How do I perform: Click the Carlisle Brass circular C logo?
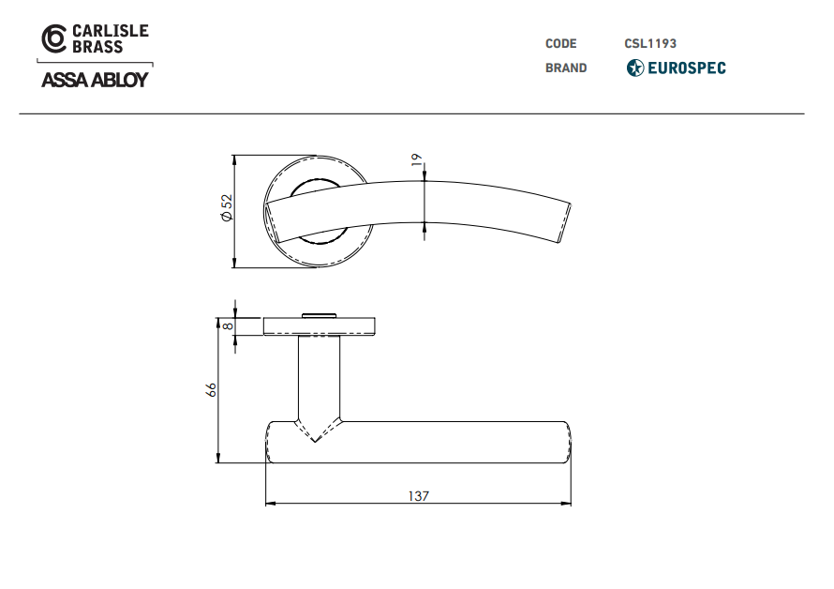pyautogui.click(x=54, y=38)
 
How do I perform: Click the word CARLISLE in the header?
pyautogui.click(x=111, y=31)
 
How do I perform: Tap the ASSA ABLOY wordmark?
pyautogui.click(x=95, y=80)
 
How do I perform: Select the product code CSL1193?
pyautogui.click(x=650, y=44)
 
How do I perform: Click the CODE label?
pyautogui.click(x=560, y=44)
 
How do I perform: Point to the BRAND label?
pyautogui.click(x=566, y=68)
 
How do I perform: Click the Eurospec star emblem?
pyautogui.click(x=635, y=68)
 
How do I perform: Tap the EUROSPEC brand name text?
pyautogui.click(x=687, y=68)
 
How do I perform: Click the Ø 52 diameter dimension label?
pyautogui.click(x=227, y=207)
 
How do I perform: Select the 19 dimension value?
pyautogui.click(x=416, y=159)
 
